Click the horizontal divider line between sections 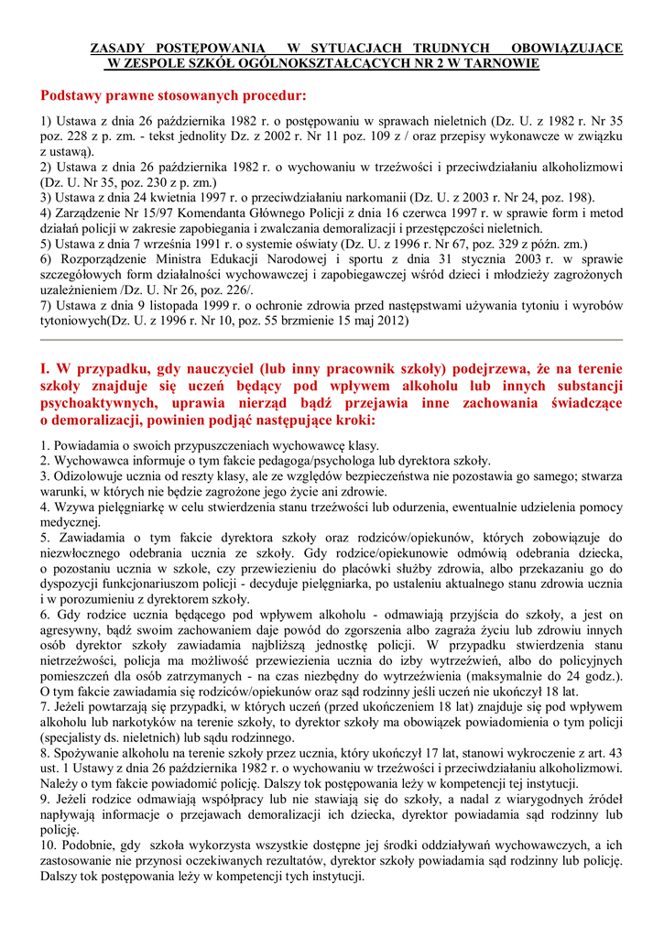pyautogui.click(x=332, y=340)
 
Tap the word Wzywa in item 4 pyautogui.click(x=71, y=506)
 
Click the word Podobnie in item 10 pyautogui.click(x=88, y=844)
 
